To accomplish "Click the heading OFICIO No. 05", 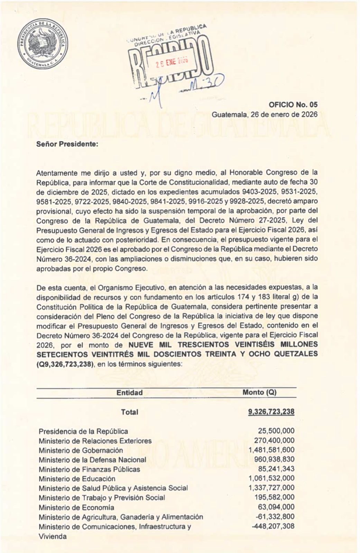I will [293, 105].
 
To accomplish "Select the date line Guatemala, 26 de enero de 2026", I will [264, 114].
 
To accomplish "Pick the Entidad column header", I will [130, 393].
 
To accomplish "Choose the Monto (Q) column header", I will [259, 393].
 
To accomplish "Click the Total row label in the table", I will [130, 412].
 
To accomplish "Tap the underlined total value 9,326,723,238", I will [271, 412].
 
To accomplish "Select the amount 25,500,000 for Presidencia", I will [276, 431].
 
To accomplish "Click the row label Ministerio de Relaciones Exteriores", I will [95, 441].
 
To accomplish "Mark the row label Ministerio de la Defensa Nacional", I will [92, 460].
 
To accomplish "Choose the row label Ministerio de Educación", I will [77, 479].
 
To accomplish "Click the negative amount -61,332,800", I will [276, 517].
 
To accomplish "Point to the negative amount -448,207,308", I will [274, 527].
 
